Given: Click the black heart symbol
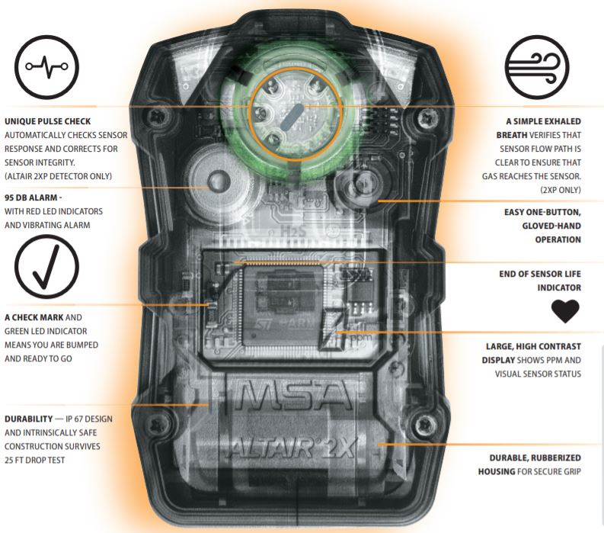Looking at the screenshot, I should point(564,310).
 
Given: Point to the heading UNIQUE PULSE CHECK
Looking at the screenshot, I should point(47,121).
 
